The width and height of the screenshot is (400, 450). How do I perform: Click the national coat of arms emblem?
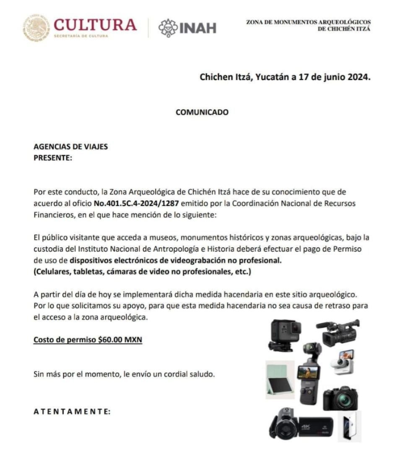[x=36, y=27]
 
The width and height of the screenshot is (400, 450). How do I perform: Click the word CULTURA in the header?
[x=95, y=25]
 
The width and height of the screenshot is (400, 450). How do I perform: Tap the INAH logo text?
[x=197, y=28]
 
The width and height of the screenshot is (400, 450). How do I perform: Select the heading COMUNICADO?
[x=202, y=112]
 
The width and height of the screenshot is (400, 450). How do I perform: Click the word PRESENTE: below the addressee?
[x=53, y=158]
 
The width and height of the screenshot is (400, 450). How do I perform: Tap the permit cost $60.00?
[x=110, y=340]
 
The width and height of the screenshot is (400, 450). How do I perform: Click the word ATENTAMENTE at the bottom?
[x=72, y=411]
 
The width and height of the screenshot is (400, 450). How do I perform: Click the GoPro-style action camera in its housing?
[x=285, y=334]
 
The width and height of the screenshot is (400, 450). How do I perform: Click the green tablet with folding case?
[x=279, y=379]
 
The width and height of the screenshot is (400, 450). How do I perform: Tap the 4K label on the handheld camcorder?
[x=305, y=427]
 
